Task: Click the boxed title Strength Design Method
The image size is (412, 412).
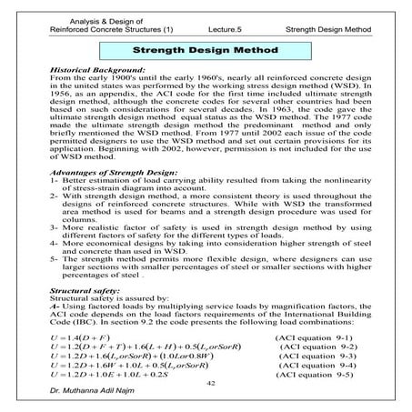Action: (205, 54)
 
